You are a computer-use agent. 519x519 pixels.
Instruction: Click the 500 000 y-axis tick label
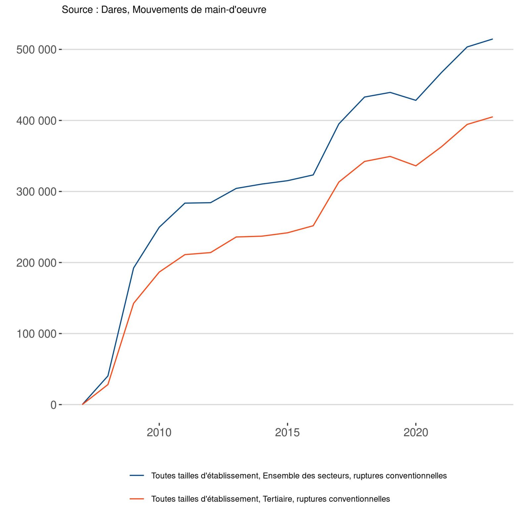click(x=36, y=50)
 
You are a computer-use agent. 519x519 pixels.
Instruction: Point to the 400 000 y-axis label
click(x=36, y=121)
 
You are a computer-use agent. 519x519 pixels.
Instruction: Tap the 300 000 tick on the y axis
click(x=36, y=192)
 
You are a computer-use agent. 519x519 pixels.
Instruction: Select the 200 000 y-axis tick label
click(x=36, y=263)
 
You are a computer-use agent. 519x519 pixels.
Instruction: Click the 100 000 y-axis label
click(x=36, y=334)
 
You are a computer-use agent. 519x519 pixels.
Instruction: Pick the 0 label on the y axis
click(x=53, y=405)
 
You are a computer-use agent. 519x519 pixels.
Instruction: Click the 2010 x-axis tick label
click(x=159, y=432)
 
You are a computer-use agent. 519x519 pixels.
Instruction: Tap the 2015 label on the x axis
click(x=287, y=432)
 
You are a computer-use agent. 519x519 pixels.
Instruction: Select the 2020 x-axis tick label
click(x=416, y=432)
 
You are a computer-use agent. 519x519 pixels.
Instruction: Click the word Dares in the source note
click(x=115, y=10)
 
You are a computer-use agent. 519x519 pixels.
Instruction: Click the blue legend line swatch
click(x=137, y=476)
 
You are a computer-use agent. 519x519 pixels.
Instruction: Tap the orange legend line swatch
click(x=137, y=499)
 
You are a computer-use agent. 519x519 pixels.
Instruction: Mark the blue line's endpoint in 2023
click(x=493, y=39)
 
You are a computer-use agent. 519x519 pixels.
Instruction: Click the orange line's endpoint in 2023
click(x=493, y=117)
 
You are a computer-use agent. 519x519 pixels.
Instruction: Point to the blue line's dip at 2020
click(x=416, y=100)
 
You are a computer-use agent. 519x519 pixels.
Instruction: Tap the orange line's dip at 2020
click(x=416, y=166)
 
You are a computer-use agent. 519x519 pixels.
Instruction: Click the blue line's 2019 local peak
click(x=390, y=92)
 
